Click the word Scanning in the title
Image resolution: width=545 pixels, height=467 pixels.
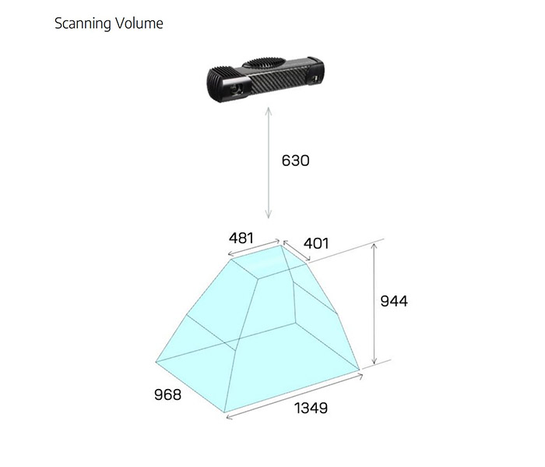(x=83, y=23)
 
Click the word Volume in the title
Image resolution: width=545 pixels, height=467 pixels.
(x=139, y=23)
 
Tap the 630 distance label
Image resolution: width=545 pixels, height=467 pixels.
(x=295, y=161)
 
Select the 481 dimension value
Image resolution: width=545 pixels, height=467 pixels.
(x=241, y=238)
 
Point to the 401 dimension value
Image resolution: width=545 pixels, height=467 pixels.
(x=316, y=243)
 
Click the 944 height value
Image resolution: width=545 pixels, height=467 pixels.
(x=394, y=301)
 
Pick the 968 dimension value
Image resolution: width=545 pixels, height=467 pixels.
(x=167, y=394)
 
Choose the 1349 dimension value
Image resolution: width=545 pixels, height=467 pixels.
(x=311, y=408)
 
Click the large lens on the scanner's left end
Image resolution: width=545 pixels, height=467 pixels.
(x=237, y=88)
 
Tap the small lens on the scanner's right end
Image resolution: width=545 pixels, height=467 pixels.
(x=315, y=79)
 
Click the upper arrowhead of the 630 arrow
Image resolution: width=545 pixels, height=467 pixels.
(x=269, y=108)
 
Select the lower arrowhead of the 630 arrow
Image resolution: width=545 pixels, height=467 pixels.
(x=269, y=218)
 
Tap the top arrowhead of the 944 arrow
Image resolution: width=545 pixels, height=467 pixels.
(x=374, y=245)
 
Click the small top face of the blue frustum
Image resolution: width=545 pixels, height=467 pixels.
(x=269, y=261)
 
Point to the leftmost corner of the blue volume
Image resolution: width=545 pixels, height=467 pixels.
(x=156, y=362)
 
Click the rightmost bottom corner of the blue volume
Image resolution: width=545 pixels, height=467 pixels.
(x=360, y=370)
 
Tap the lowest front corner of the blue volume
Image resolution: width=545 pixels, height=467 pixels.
(x=224, y=412)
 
